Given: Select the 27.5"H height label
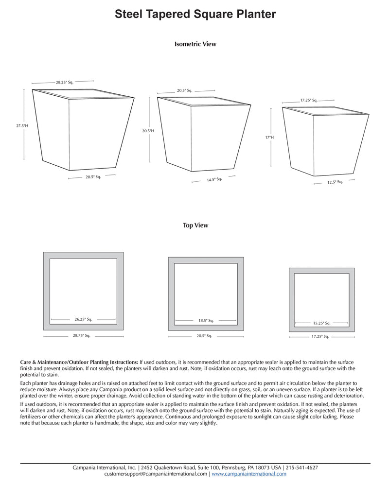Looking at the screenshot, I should [x=22, y=126].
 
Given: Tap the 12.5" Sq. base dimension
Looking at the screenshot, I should [x=335, y=182].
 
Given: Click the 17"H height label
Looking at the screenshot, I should [x=269, y=138].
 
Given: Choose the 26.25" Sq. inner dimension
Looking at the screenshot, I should [x=83, y=319].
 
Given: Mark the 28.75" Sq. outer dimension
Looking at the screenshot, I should [x=81, y=336].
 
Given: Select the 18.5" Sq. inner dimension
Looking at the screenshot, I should [x=206, y=320].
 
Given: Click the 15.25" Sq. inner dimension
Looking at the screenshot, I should [x=322, y=323].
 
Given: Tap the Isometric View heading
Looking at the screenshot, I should [x=195, y=44].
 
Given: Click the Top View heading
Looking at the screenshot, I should [x=195, y=226].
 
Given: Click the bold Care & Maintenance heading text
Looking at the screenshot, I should [x=79, y=363].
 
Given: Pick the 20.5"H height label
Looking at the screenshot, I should [x=148, y=131].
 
